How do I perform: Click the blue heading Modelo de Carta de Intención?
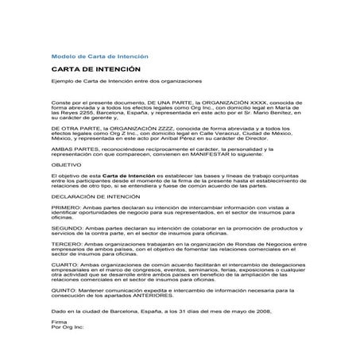99,57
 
